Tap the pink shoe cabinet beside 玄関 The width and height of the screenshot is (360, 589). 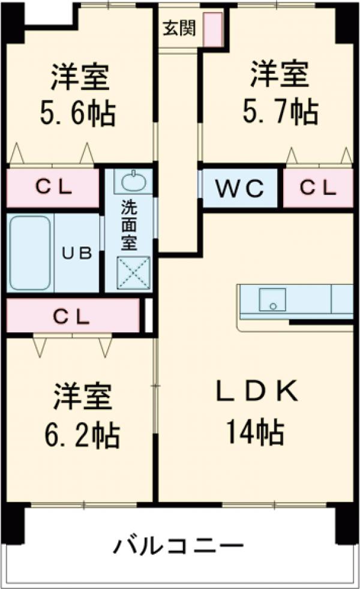click(212, 29)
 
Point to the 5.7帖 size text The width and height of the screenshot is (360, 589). click(280, 111)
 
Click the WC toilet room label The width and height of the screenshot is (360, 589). click(240, 188)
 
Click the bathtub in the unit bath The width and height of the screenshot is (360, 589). click(29, 253)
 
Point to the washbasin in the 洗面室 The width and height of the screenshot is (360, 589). click(130, 181)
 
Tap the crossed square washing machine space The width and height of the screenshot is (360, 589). click(133, 274)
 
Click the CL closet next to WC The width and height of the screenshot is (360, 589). click(318, 188)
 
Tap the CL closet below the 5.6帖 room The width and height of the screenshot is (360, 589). click(53, 188)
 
